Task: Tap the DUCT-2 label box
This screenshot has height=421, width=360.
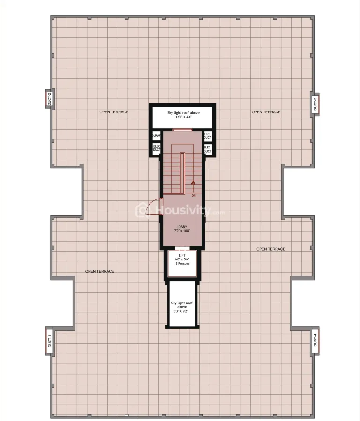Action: [x=49, y=100]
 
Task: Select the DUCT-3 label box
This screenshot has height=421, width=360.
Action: [x=315, y=103]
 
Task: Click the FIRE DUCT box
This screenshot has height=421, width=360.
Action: [x=207, y=136]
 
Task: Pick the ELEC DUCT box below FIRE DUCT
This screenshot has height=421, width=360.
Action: [x=207, y=149]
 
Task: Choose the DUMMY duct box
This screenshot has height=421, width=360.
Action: [x=156, y=136]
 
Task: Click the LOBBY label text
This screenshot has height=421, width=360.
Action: [x=181, y=227]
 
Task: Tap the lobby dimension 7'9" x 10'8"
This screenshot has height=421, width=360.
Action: [x=181, y=231]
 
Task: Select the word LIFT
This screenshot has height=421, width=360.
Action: [x=182, y=255]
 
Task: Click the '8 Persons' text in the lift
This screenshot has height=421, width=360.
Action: [x=182, y=264]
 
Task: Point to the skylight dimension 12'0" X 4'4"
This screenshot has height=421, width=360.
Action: [x=182, y=117]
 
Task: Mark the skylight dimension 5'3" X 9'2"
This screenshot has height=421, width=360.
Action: [x=182, y=311]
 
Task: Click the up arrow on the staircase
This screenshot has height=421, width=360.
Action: [x=193, y=183]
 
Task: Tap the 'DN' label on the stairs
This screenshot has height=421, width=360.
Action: [x=193, y=195]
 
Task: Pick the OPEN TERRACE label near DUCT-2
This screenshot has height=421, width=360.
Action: [x=113, y=112]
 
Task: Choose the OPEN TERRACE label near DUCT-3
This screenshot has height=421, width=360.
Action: [x=266, y=112]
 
